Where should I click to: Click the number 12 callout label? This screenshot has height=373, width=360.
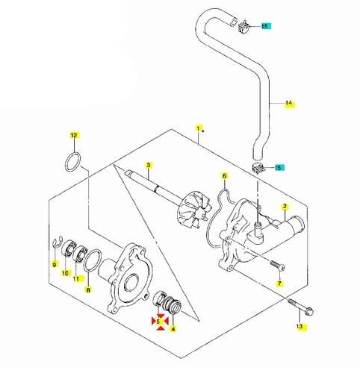[73, 135]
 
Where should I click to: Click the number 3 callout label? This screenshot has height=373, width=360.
[149, 164]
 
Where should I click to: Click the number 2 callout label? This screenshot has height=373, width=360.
[285, 206]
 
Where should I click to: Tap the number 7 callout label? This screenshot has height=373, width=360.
[280, 284]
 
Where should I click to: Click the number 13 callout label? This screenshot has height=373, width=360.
[299, 327]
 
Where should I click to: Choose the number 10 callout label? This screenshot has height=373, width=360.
[64, 273]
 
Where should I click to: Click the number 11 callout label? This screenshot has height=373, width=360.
[75, 279]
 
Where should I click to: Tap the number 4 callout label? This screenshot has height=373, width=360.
[173, 327]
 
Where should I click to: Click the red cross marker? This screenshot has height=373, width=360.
[159, 321]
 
